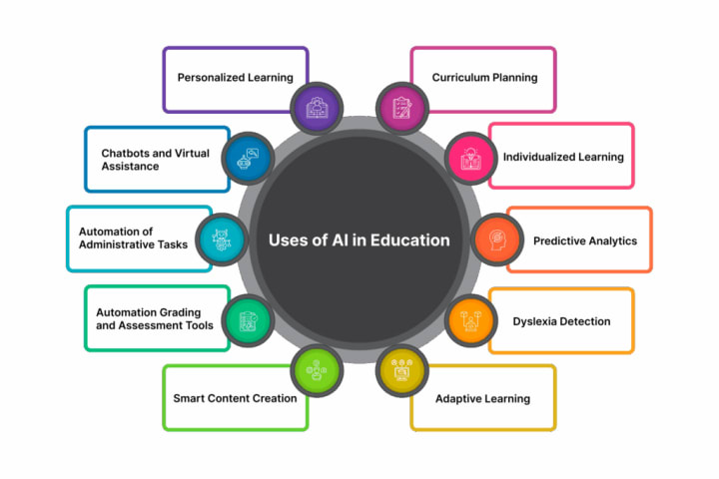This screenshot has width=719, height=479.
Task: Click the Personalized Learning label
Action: click(x=235, y=77)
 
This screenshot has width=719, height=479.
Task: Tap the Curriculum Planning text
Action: click(x=484, y=77)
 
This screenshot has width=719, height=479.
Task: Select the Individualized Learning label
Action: click(x=563, y=157)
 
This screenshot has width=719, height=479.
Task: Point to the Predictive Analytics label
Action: click(x=584, y=240)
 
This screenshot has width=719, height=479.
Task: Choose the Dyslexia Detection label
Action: click(x=561, y=321)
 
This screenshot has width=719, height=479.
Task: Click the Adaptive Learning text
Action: click(x=482, y=398)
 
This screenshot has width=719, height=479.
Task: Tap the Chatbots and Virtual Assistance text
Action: click(x=149, y=160)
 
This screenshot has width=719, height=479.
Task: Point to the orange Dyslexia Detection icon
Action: click(x=467, y=321)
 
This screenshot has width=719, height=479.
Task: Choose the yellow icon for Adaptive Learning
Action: click(x=401, y=372)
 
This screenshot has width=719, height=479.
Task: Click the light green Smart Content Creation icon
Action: click(x=318, y=372)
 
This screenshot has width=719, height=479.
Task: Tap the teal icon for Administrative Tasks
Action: click(x=222, y=239)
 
